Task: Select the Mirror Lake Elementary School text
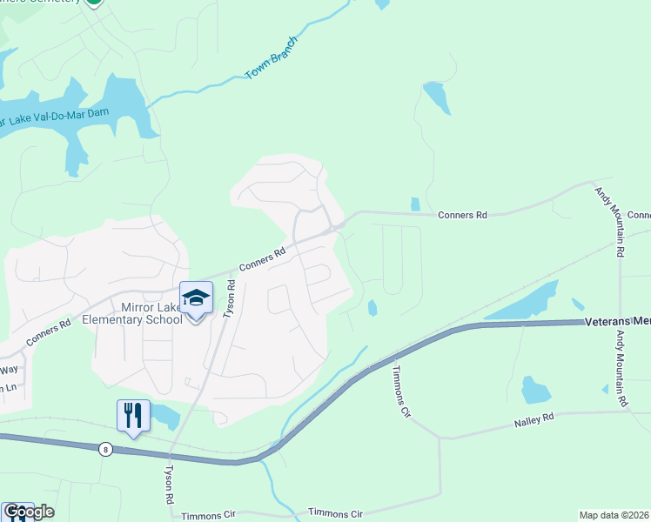131,313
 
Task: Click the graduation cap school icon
196,298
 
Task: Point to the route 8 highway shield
105,449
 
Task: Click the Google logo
28,512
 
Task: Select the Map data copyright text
613,515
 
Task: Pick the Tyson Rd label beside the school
231,297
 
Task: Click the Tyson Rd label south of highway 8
169,485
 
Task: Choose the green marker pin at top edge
93,3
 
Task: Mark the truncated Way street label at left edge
8,370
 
